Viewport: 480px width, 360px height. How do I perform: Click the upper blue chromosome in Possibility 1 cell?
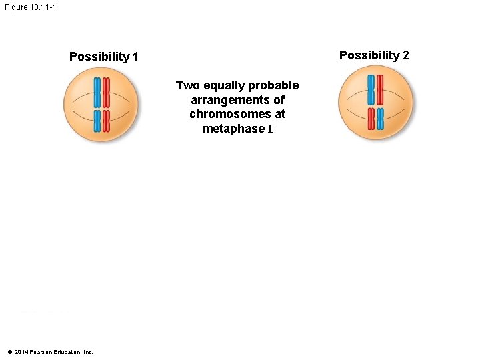tap(97, 92)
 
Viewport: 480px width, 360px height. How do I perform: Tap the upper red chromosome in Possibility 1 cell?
tap(106, 92)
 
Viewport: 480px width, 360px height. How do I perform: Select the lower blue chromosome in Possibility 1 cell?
tap(97, 121)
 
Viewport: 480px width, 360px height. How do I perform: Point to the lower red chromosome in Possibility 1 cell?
tap(106, 121)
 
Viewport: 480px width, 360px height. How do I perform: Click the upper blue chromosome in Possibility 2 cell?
tap(371, 89)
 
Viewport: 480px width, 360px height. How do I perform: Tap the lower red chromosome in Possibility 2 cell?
tap(371, 119)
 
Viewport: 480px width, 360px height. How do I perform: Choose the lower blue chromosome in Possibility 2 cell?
tap(381, 119)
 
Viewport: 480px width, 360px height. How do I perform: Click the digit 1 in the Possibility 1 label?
tap(135, 57)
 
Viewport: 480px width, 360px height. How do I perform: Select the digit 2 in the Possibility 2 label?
tap(405, 55)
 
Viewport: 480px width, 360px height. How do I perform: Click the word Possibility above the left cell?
tap(100, 57)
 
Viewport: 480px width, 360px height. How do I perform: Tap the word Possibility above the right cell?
tap(370, 55)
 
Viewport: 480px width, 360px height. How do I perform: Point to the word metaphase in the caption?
tap(233, 129)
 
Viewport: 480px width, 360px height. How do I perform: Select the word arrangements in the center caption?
tap(237, 100)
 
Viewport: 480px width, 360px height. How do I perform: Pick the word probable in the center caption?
tap(273, 85)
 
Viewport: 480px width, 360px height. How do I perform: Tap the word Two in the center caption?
tap(187, 85)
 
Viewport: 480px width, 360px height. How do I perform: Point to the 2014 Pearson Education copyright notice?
tap(50, 352)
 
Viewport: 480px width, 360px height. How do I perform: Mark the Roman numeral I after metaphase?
tap(270, 129)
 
